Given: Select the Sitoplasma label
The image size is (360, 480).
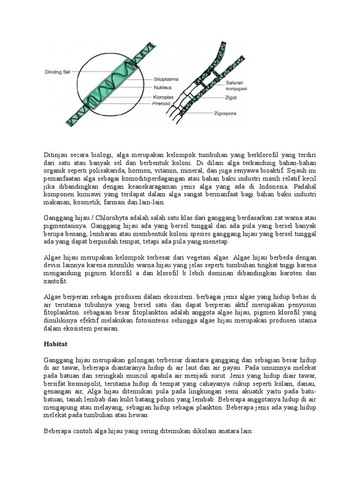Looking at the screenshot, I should tap(166, 79).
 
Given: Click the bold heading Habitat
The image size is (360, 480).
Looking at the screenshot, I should tap(56, 344).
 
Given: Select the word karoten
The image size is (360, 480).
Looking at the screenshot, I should tap(292, 273).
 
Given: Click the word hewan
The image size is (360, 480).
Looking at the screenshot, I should tap(139, 415).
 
